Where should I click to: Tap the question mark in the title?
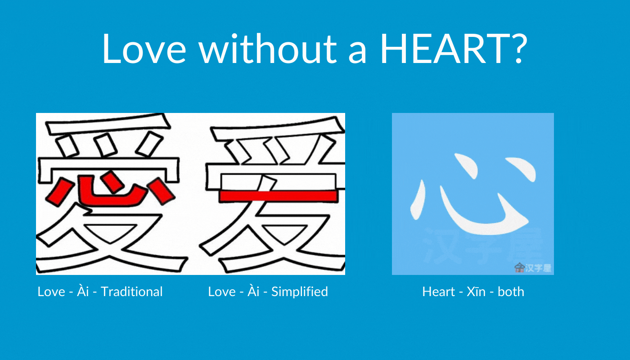[x=519, y=48]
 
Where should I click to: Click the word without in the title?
[x=268, y=48]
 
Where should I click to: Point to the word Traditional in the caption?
[x=131, y=292]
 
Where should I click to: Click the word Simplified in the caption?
[x=300, y=292]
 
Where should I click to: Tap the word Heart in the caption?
[x=438, y=292]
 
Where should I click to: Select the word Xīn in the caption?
[x=476, y=292]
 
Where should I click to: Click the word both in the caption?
[x=511, y=292]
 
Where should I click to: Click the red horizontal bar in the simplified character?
[x=279, y=196]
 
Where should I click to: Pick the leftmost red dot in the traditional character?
[x=58, y=192]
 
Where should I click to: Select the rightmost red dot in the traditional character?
[x=162, y=191]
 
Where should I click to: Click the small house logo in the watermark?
[x=519, y=267]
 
